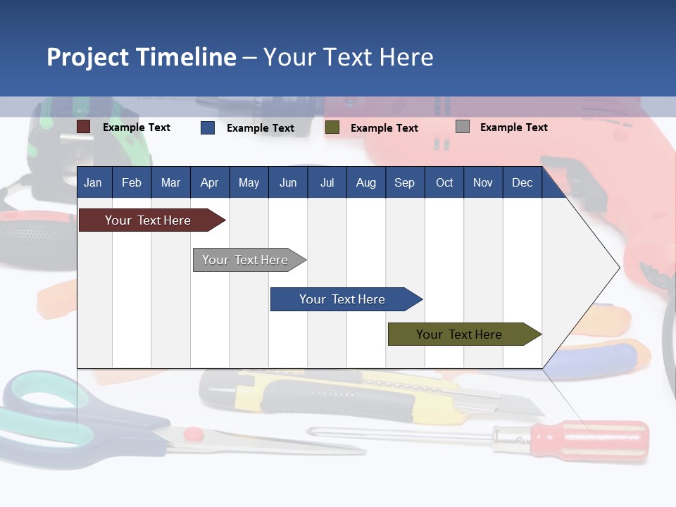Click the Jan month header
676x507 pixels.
point(93,182)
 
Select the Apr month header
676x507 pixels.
point(209,182)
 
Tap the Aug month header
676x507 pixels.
point(365,182)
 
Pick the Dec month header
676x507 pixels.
point(522,182)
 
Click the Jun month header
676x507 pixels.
point(287,182)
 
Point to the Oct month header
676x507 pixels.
point(444,182)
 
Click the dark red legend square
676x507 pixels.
point(84,127)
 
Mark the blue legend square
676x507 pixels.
point(208,127)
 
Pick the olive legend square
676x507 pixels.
point(332,127)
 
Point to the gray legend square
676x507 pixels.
point(463,127)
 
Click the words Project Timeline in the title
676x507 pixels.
point(142,57)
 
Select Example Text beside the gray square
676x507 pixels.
point(513,127)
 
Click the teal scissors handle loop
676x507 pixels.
point(42,398)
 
